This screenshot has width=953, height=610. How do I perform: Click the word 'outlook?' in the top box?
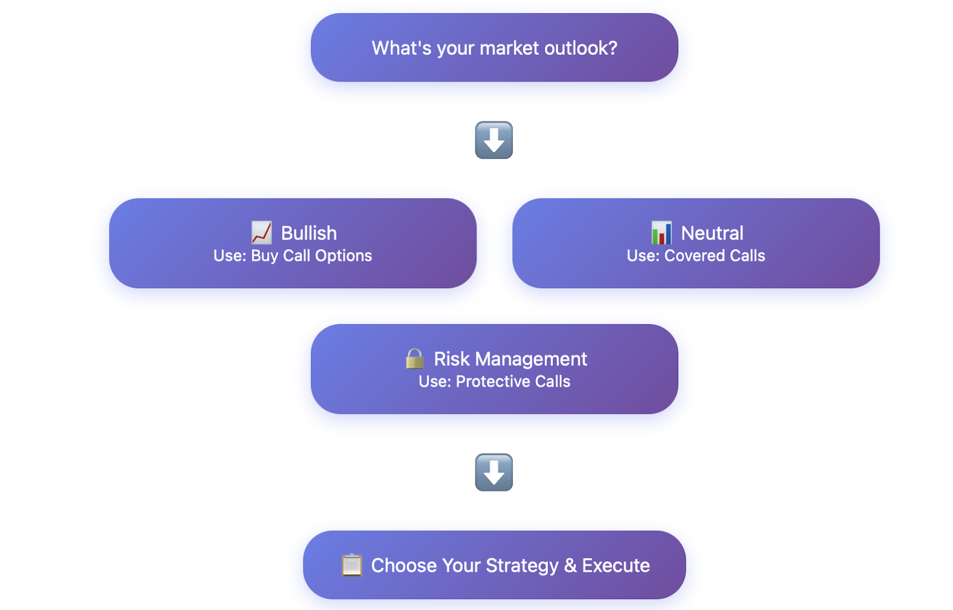point(581,48)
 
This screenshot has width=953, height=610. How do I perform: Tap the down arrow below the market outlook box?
point(494,140)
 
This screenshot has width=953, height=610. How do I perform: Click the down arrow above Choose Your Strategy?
point(494,472)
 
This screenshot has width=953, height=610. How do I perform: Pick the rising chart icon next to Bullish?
point(261,233)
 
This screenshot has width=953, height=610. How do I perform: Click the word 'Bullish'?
point(309,233)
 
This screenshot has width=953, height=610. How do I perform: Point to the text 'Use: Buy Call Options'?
point(292,256)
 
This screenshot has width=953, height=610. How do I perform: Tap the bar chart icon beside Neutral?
point(662,233)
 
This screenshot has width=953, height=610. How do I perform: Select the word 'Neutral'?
point(712,233)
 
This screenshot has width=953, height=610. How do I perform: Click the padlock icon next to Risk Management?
point(415,359)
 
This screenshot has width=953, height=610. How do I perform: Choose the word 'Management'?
point(531,359)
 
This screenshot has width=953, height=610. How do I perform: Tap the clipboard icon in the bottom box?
point(352,565)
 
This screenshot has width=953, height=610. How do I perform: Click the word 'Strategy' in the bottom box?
point(522,566)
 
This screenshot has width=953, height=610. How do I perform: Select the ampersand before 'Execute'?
point(570,565)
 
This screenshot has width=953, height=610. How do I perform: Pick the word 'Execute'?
point(616,565)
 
